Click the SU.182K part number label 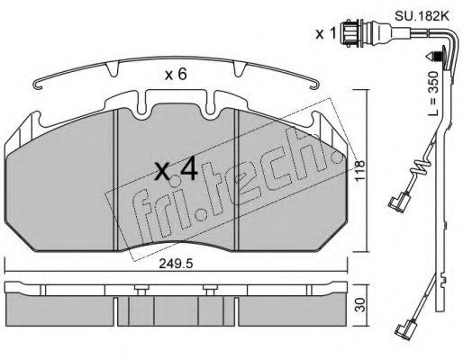[x=422, y=16]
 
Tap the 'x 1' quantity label [x=325, y=34]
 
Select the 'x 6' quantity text [x=176, y=75]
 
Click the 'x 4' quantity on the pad [x=176, y=170]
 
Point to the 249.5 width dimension [x=176, y=264]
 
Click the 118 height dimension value [x=359, y=170]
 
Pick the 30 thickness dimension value [x=361, y=305]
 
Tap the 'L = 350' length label [x=433, y=94]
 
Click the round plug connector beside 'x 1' [x=350, y=33]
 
